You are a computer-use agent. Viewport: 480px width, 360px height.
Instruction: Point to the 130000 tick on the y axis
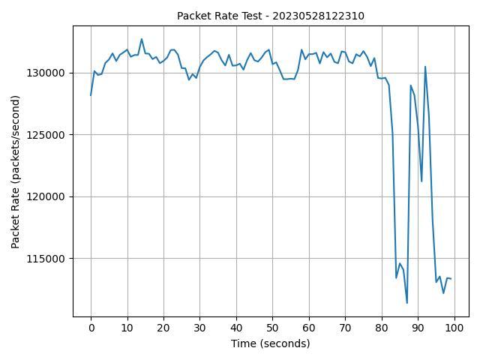point(50,73)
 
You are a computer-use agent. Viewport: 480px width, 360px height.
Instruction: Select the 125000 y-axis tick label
point(50,135)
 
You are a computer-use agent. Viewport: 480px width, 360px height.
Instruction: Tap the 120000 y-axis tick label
point(50,196)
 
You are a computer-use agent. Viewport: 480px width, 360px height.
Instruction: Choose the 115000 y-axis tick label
point(50,259)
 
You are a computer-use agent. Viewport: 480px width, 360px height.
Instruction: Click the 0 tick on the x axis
point(91,328)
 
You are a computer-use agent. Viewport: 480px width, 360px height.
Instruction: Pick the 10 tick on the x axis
point(127,328)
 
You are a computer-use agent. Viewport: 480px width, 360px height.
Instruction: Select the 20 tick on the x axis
point(163,328)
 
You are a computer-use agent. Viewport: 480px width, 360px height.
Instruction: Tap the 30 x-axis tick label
point(199,328)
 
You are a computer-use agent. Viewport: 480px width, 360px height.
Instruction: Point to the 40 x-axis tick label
point(236,328)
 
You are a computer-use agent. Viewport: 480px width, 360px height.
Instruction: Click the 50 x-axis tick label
point(272,328)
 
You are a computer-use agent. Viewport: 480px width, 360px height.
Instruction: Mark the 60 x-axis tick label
point(309,328)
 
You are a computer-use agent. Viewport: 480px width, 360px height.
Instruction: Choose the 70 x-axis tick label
point(345,328)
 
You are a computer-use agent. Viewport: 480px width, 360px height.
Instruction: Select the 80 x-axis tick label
point(382,328)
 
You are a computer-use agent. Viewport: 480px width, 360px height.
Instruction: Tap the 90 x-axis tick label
point(418,328)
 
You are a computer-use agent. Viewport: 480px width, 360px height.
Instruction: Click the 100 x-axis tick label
point(454,328)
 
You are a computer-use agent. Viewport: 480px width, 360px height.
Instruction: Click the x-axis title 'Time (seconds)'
point(270,343)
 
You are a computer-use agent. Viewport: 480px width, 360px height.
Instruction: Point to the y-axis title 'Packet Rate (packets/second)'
point(16,171)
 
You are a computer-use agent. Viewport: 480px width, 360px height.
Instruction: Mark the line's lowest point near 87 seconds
point(407,303)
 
